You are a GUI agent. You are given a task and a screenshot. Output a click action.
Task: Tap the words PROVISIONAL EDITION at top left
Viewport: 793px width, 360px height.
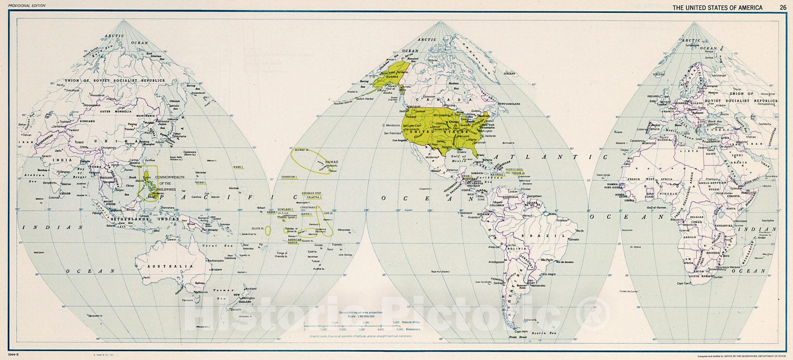24,5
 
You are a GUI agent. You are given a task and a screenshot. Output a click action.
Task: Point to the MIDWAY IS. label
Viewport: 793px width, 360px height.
302,149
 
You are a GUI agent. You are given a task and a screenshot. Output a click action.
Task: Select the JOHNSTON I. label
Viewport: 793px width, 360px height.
289,177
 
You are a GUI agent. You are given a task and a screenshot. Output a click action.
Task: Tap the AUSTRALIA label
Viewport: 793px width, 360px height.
172,266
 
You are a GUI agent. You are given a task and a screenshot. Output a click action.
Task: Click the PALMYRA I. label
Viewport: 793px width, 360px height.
314,197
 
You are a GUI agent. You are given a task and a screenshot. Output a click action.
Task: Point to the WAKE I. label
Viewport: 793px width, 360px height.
238,168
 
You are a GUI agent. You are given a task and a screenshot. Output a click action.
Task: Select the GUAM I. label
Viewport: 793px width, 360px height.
200,183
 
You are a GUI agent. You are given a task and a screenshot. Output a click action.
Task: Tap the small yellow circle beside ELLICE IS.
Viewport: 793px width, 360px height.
268,230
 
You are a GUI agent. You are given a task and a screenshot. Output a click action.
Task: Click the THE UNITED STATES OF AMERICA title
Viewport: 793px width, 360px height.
717,7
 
